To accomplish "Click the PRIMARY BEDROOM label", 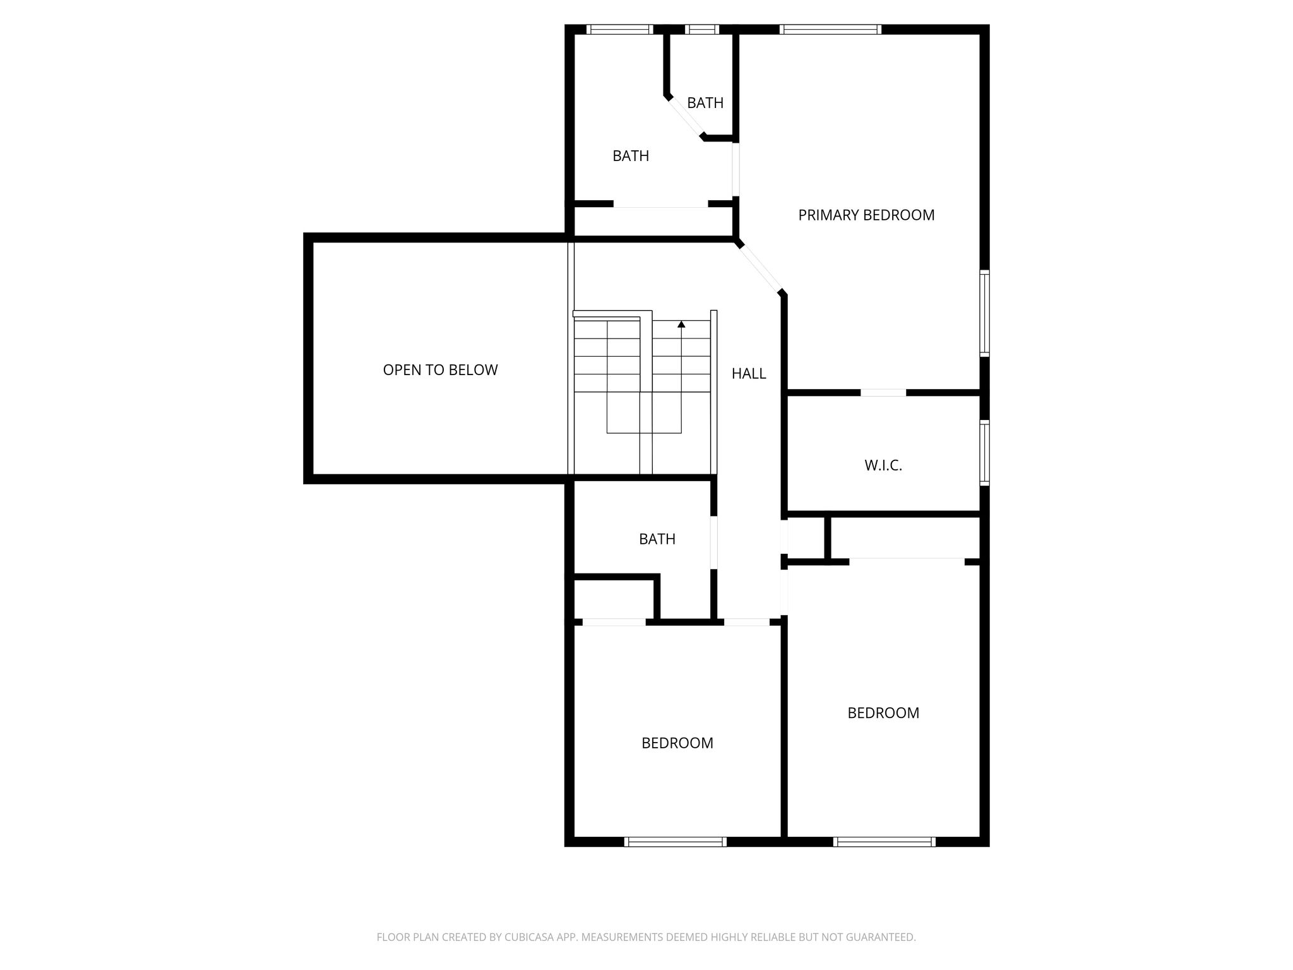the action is click(x=866, y=215).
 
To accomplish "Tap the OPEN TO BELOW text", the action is click(x=440, y=370).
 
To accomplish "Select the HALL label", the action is click(x=749, y=374).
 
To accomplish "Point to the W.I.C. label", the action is click(x=883, y=466).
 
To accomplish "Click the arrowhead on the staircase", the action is click(x=681, y=325).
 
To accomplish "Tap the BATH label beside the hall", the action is click(x=657, y=539).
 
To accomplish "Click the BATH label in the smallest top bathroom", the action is click(x=705, y=103).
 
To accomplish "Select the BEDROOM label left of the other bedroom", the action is click(x=677, y=743).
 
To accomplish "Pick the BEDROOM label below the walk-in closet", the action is click(x=883, y=713).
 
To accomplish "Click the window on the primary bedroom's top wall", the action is click(x=830, y=29).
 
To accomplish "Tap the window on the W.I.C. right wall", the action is click(x=984, y=453).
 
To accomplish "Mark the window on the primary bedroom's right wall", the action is click(x=984, y=313).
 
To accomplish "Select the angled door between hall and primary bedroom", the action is click(x=760, y=268).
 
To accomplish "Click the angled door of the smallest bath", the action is click(x=686, y=117).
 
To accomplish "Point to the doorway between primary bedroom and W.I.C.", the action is click(x=883, y=393).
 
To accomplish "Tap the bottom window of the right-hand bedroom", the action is click(x=884, y=841).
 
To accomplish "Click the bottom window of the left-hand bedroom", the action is click(x=676, y=841).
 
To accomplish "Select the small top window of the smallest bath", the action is click(x=702, y=29).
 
